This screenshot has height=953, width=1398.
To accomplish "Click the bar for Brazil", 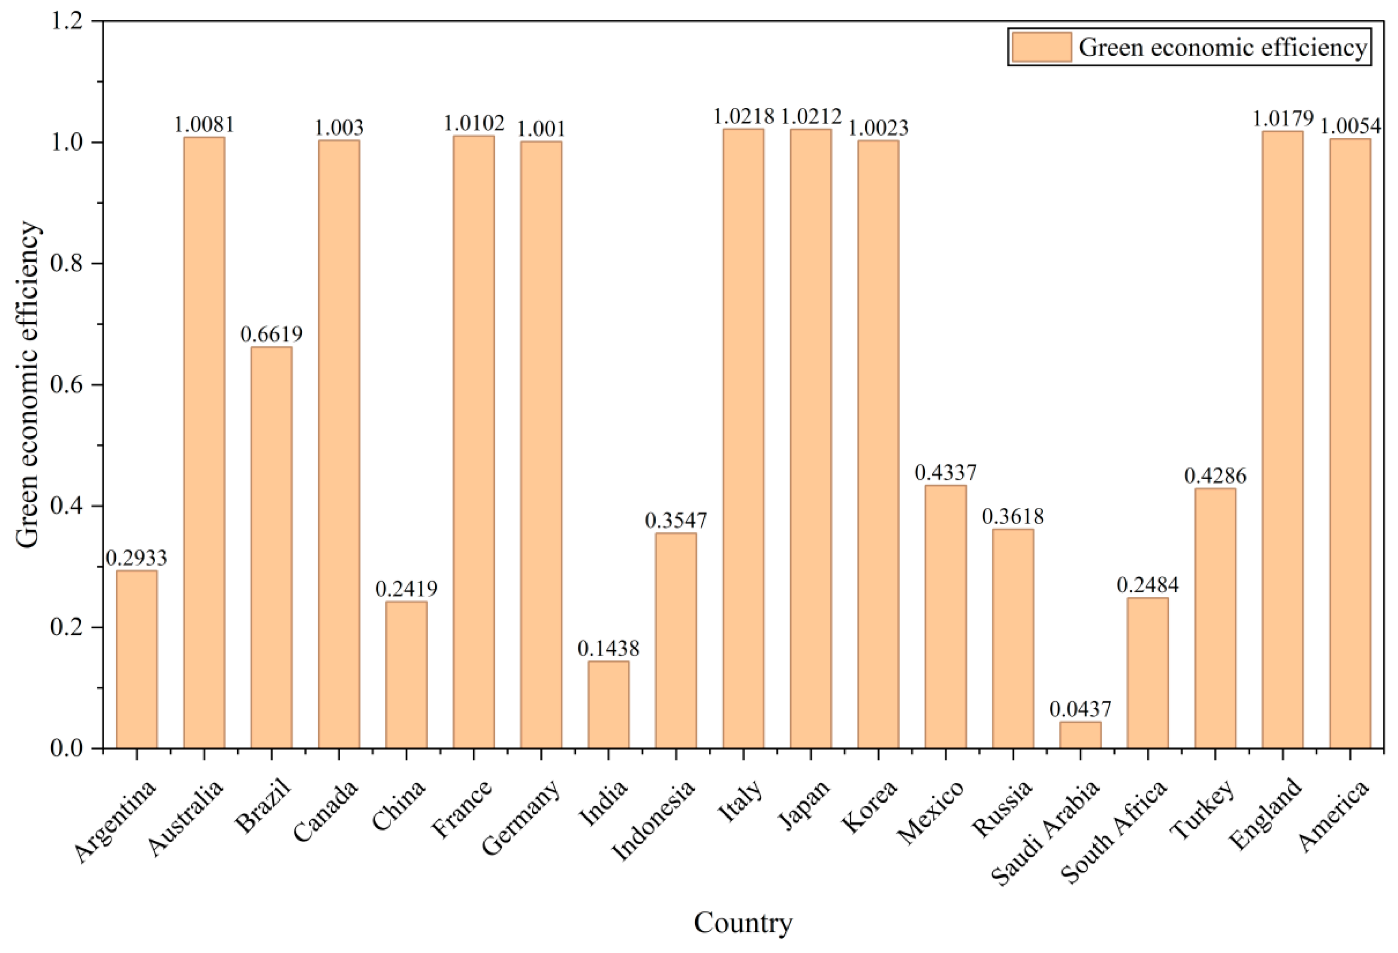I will pyautogui.click(x=271, y=548).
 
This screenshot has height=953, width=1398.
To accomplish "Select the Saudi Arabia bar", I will pyautogui.click(x=1080, y=735).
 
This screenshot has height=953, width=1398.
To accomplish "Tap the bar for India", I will pyautogui.click(x=608, y=705).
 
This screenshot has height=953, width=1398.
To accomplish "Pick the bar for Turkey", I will pyautogui.click(x=1215, y=618).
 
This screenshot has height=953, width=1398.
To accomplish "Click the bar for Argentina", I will pyautogui.click(x=137, y=659).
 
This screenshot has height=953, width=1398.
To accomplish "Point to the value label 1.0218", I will pyautogui.click(x=744, y=116).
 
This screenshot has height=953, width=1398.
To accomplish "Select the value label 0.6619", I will pyautogui.click(x=271, y=334).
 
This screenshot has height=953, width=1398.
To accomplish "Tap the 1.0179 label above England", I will pyautogui.click(x=1283, y=118).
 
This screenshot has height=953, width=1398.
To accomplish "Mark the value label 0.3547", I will pyautogui.click(x=676, y=520).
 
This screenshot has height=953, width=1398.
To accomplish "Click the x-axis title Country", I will pyautogui.click(x=744, y=923).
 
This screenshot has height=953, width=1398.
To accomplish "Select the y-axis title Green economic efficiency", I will pyautogui.click(x=27, y=385).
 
